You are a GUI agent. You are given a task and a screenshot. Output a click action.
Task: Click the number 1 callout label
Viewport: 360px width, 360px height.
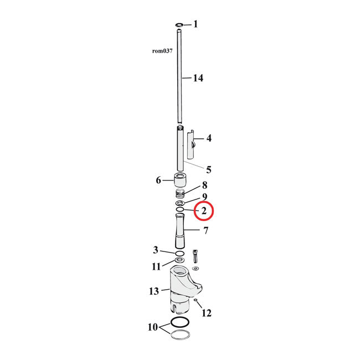tap(195, 24)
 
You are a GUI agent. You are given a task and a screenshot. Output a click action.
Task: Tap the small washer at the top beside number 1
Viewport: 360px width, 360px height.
tap(179, 25)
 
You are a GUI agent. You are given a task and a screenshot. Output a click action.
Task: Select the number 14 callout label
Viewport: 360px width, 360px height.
tap(197, 78)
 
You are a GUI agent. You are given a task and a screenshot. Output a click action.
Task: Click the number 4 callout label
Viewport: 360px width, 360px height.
tap(209, 138)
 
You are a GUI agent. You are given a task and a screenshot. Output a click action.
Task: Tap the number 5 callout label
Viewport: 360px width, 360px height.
tap(209, 169)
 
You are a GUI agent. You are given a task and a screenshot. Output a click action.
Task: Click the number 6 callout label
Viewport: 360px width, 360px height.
tap(158, 181)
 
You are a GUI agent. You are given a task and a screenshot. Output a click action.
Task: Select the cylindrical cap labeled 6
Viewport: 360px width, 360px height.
tap(180, 181)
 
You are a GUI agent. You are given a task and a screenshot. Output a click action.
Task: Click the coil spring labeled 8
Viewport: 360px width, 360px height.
tap(180, 194)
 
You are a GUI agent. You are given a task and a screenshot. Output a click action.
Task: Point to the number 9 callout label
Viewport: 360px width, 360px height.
tap(204, 197)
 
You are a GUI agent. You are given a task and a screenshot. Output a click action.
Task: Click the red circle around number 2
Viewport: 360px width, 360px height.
tap(204, 210)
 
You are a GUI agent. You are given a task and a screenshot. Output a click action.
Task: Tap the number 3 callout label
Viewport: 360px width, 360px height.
tap(156, 250)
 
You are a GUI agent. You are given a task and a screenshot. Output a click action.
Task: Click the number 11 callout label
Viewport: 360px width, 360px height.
tap(156, 266)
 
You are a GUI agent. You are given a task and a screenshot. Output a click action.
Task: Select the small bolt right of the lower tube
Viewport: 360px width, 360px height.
tap(195, 256)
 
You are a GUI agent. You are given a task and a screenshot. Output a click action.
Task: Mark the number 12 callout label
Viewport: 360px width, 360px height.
tap(206, 313)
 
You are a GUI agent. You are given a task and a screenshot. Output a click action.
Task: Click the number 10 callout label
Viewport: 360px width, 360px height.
tap(152, 327)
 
